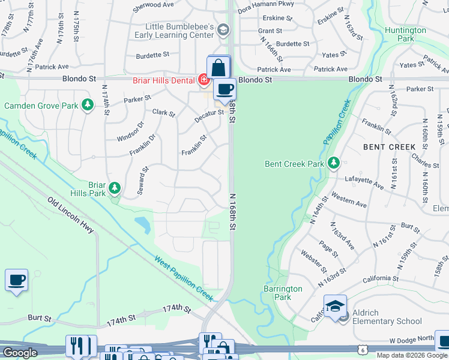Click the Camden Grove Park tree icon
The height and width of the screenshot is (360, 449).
[88, 106]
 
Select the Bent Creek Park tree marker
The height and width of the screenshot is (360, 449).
[334, 163]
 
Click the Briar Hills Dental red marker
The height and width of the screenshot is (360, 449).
[204, 79]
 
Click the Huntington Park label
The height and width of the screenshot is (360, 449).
[406, 34]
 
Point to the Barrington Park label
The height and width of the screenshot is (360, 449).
[283, 293]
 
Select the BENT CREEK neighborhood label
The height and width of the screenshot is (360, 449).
[389, 146]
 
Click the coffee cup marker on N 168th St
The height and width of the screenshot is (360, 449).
[224, 89]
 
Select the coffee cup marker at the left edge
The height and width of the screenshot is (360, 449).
[16, 280]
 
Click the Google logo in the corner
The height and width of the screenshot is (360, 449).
[20, 353]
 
